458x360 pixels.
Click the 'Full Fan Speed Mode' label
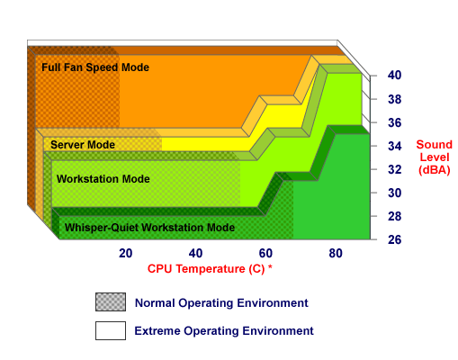coord(95,67)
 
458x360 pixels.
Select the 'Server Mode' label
coord(83,145)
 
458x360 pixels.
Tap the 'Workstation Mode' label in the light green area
coord(103,179)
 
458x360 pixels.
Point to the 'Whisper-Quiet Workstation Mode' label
coord(149,228)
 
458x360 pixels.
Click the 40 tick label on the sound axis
coord(394,76)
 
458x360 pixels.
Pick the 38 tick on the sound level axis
coord(394,99)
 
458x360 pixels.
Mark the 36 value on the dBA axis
coord(394,122)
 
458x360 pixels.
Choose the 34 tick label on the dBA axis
coord(394,146)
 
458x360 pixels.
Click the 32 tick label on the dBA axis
coord(394,169)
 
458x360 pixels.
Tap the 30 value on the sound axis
coord(394,193)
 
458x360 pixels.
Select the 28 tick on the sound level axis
coord(394,216)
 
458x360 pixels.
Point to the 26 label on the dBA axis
coord(394,239)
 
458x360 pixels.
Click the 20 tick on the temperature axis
coord(126,254)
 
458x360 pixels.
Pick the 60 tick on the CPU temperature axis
coord(265,254)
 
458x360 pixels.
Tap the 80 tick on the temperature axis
coord(336,254)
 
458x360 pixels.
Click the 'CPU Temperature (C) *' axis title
coord(210,269)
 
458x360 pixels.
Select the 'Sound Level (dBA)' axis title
coord(435,157)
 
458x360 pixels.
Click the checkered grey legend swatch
coord(111,301)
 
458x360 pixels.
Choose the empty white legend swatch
coord(111,330)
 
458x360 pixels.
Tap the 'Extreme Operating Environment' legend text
coord(224,331)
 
